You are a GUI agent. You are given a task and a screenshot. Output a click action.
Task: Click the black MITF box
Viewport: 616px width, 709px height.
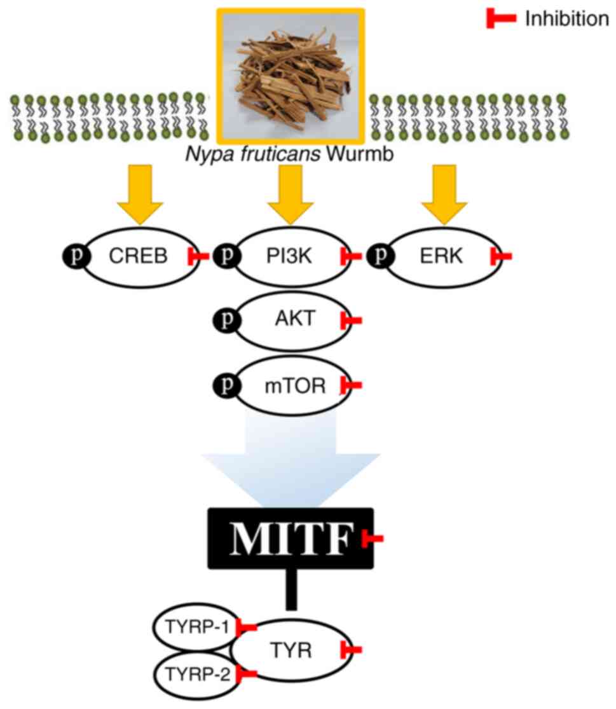(290, 538)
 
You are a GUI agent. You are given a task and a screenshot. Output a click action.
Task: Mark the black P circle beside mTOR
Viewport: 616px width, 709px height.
(228, 385)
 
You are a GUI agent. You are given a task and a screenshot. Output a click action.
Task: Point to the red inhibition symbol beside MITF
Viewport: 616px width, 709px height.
(372, 539)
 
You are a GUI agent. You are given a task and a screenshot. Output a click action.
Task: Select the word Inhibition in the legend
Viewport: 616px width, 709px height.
(566, 19)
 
